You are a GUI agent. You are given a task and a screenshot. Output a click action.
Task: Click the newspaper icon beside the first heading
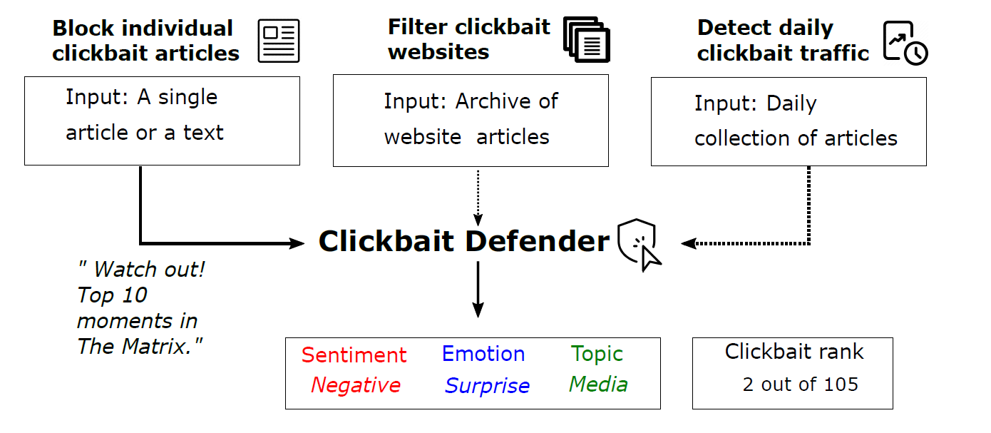pos(279,41)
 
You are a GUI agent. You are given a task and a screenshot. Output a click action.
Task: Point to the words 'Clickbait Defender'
pos(463,242)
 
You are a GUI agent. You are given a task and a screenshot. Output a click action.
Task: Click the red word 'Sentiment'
pos(354,355)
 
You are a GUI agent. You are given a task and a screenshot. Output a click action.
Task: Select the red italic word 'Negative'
pos(355,385)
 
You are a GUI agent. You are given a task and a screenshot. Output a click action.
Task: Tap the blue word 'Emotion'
pos(483,354)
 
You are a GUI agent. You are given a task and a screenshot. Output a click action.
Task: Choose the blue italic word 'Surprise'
pos(487,386)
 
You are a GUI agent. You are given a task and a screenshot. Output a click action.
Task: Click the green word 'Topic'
pos(597,354)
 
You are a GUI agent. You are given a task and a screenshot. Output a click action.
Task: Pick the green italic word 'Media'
pos(598,384)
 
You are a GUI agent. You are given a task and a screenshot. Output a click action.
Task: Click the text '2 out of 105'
pos(800,384)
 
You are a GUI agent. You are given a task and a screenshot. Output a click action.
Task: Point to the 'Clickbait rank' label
pos(794,352)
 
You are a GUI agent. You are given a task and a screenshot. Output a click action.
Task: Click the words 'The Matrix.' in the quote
pos(140,347)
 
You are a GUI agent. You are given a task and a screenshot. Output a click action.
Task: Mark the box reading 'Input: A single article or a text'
pos(162,121)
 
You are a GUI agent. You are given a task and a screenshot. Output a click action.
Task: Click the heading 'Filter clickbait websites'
pos(468,39)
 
